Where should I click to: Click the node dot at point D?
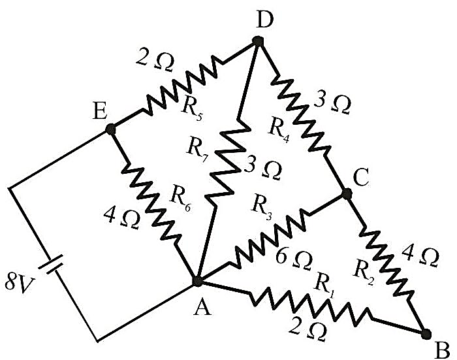click(258, 41)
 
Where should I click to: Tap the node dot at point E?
click(110, 129)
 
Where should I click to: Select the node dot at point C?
click(347, 193)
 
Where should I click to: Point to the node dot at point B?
click(426, 334)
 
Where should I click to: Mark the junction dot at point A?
click(197, 280)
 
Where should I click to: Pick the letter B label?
click(442, 350)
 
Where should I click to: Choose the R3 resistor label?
click(262, 206)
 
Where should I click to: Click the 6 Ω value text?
click(294, 258)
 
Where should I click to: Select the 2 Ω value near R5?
click(155, 62)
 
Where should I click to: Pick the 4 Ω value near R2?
click(420, 257)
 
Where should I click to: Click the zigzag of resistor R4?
click(301, 113)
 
